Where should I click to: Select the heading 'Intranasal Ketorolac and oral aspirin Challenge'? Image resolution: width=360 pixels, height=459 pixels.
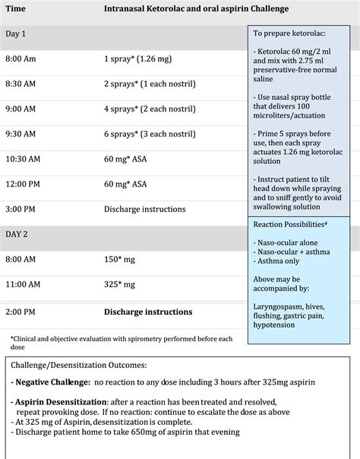point(197,8)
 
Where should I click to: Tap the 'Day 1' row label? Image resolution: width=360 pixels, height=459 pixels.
point(16,34)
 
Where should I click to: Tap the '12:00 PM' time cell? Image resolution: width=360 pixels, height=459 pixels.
point(23,184)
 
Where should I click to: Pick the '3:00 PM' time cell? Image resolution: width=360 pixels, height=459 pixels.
point(21,209)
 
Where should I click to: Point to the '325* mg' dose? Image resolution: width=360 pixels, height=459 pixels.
point(120,285)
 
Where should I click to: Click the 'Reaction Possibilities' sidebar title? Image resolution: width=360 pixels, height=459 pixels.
point(290,225)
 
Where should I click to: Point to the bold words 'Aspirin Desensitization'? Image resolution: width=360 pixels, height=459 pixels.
point(60,401)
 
